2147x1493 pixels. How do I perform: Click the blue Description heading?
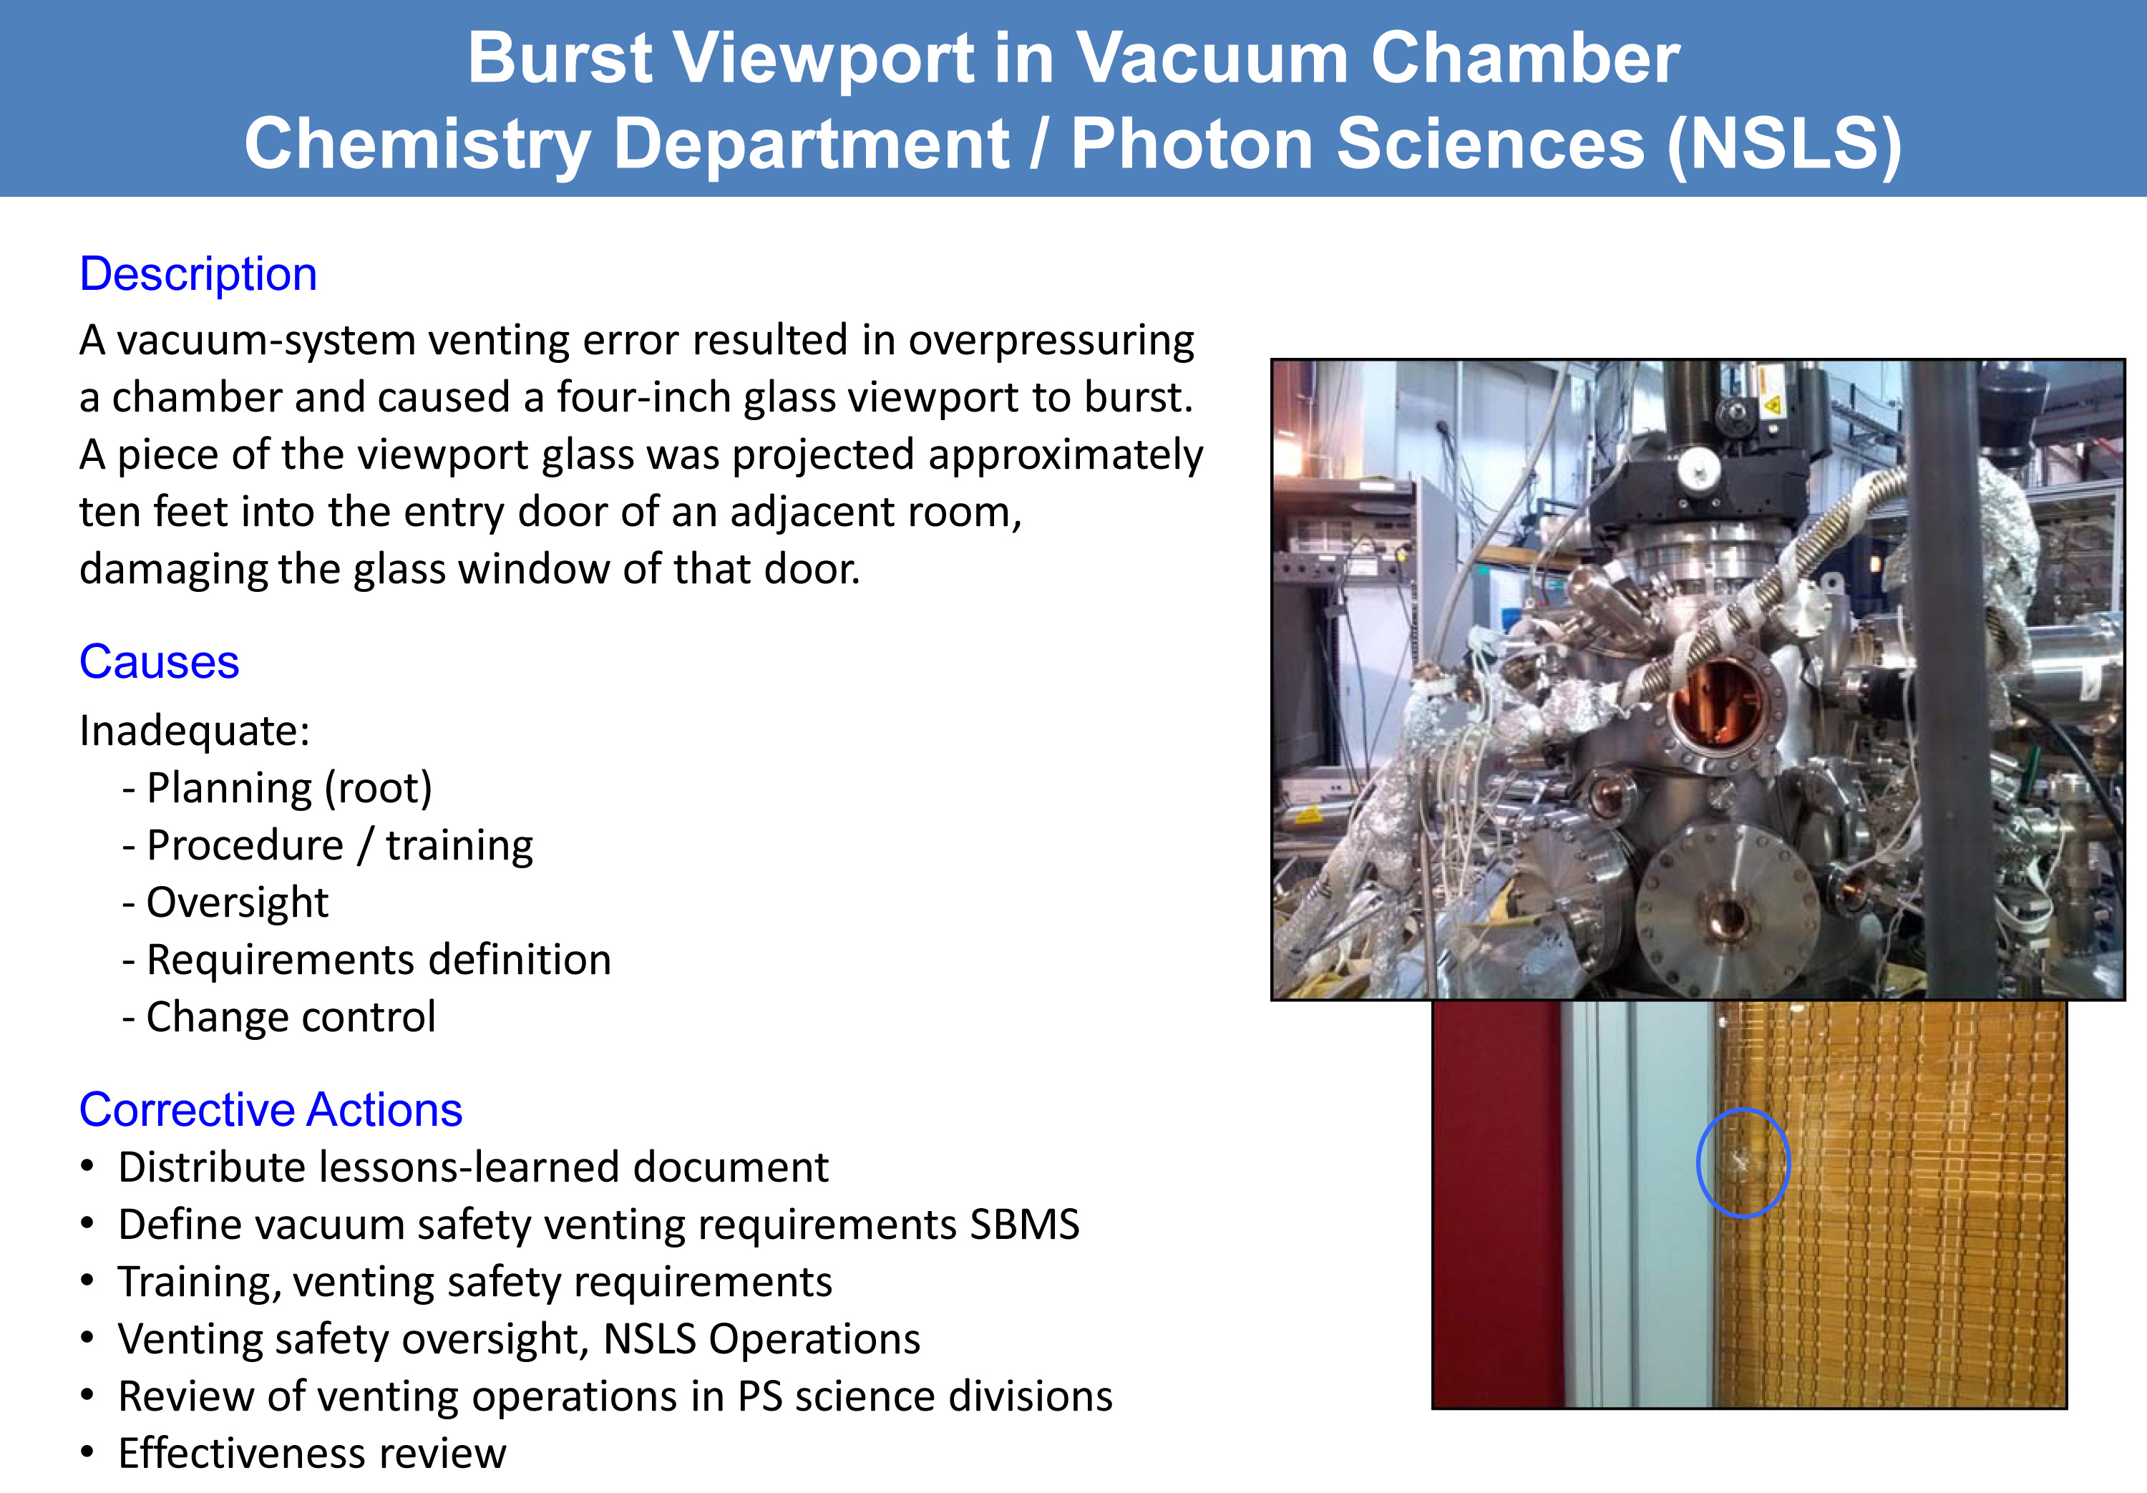tap(198, 275)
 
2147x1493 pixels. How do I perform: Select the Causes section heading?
tap(159, 662)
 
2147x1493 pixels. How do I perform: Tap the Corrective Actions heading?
tap(271, 1110)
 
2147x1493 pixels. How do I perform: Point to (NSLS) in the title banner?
tap(1785, 146)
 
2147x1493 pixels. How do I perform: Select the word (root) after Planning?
tap(378, 789)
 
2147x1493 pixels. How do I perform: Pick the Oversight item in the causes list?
tap(238, 903)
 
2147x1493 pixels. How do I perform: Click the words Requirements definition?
tap(379, 960)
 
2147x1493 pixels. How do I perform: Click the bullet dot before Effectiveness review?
tap(88, 1453)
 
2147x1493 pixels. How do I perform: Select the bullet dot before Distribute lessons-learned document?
tap(88, 1167)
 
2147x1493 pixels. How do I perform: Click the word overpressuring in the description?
tap(1051, 341)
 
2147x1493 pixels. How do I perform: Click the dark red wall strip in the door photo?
tap(1497, 1204)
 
